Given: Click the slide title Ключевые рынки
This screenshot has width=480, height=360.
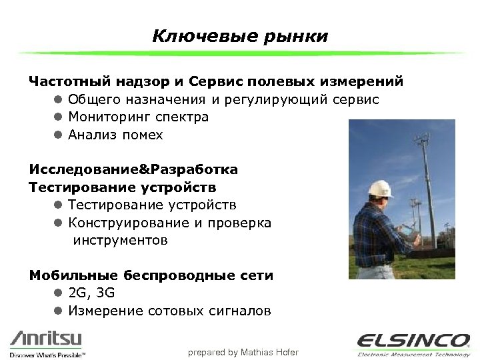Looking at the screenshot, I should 240,35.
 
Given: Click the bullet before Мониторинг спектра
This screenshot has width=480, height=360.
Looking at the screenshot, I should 58,117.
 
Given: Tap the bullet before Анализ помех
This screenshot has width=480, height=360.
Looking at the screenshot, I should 58,135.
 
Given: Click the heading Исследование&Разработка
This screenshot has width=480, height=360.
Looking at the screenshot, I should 133,169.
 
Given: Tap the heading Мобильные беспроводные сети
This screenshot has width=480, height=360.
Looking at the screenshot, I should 151,275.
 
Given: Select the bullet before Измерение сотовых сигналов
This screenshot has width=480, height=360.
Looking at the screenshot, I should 58,311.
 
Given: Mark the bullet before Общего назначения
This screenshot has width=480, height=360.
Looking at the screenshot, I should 58,100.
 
